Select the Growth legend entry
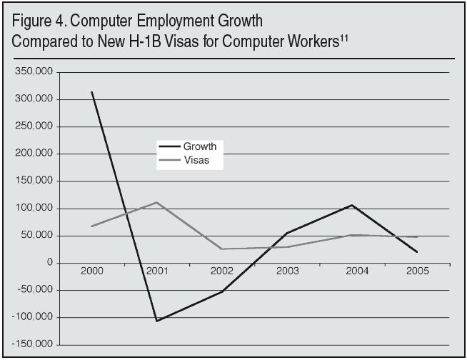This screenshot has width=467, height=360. (x=199, y=146)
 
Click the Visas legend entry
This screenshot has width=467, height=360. (x=196, y=161)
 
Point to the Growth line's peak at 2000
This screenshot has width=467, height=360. (x=92, y=92)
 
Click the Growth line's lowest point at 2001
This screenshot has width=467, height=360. (x=156, y=321)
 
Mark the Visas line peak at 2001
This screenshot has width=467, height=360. (x=156, y=202)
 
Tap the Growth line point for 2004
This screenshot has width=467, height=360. (x=351, y=205)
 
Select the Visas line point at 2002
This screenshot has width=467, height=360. (x=222, y=249)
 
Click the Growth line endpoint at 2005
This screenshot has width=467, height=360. (x=417, y=252)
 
